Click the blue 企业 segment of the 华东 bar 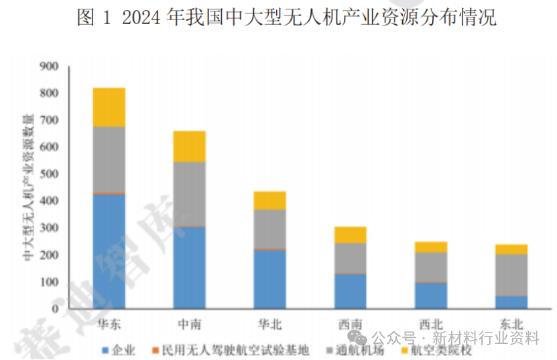pyautogui.click(x=109, y=251)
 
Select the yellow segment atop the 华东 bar pyautogui.click(x=109, y=107)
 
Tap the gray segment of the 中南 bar pyautogui.click(x=189, y=194)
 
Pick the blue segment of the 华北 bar pyautogui.click(x=269, y=279)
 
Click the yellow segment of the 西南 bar pyautogui.click(x=350, y=235)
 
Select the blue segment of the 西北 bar pyautogui.click(x=430, y=296)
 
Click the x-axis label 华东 pyautogui.click(x=109, y=324)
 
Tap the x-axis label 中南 pyautogui.click(x=189, y=324)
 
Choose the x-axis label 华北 pyautogui.click(x=269, y=324)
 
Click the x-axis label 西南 pyautogui.click(x=350, y=324)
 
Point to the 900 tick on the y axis pyautogui.click(x=49, y=66)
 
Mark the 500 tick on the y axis pyautogui.click(x=49, y=174)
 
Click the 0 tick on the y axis pyautogui.click(x=56, y=309)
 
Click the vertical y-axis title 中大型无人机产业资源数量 pyautogui.click(x=29, y=188)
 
